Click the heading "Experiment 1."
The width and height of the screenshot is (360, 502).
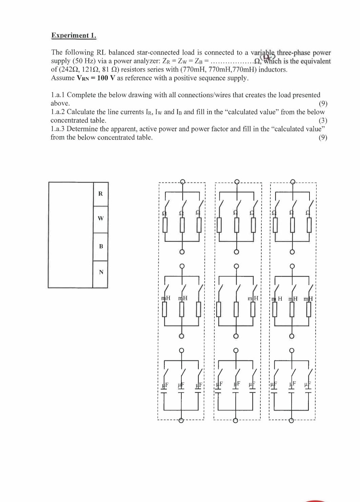coord(74,36)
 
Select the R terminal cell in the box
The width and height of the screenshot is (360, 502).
coord(100,194)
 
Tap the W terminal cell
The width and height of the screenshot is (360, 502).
coord(100,218)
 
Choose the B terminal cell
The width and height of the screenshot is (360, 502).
coord(101,246)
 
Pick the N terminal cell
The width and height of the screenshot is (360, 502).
coord(101,272)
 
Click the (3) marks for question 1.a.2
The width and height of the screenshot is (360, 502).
coord(323,121)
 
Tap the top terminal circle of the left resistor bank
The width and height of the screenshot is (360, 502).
coord(182,181)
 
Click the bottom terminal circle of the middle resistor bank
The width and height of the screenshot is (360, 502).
coord(236,252)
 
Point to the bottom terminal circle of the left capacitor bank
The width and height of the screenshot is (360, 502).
coord(181,420)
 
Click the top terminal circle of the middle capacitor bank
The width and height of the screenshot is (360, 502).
coord(236,350)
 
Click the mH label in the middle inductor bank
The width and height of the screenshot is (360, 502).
coord(253,298)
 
